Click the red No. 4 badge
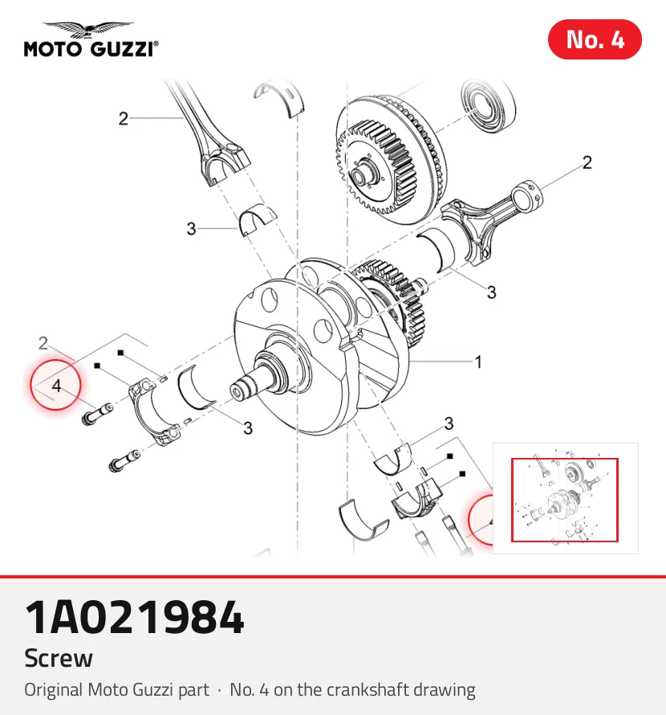595,39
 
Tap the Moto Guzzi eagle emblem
88,30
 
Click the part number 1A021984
134,617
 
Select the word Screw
59,658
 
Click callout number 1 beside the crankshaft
478,362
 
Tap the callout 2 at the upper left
123,119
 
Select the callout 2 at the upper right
587,162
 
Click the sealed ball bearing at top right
489,108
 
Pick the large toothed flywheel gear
388,160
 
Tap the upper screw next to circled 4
97,414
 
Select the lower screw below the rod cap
124,460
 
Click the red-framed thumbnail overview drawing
565,500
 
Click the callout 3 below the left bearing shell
248,427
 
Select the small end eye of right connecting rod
527,194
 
